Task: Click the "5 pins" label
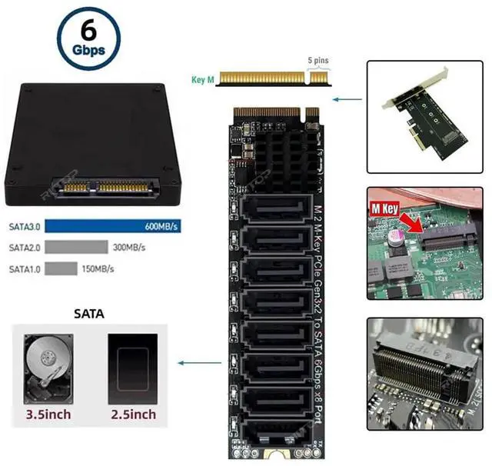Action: click(320, 59)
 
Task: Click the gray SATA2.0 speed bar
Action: click(76, 248)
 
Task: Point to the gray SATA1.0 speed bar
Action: click(61, 268)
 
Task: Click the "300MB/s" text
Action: click(128, 248)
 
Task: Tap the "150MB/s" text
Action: click(97, 268)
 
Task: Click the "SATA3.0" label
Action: click(24, 228)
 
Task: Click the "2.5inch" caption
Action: click(132, 414)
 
